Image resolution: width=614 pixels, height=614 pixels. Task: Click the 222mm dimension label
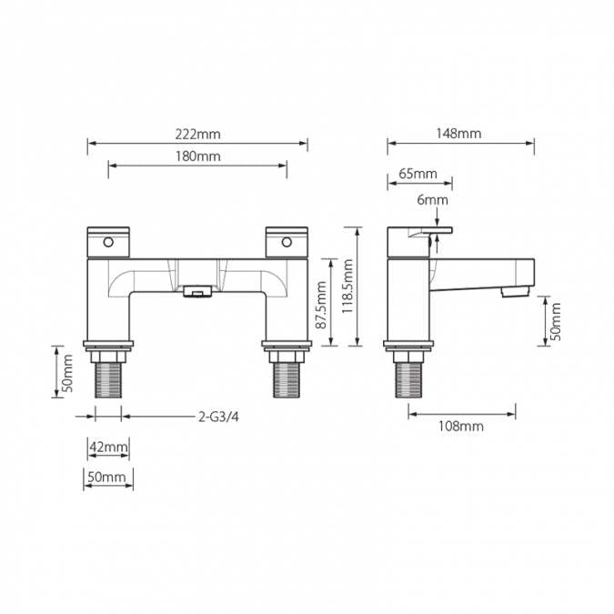coord(197,134)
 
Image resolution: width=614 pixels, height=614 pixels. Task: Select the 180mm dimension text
coord(197,156)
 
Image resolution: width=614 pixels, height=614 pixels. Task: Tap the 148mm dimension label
coord(458,134)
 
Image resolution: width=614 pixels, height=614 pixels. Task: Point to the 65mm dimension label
coord(418,174)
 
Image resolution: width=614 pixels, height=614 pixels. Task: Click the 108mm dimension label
coord(461,426)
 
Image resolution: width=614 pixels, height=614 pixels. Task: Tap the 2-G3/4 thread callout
coord(218,418)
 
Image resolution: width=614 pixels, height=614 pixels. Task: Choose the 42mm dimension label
coord(107,447)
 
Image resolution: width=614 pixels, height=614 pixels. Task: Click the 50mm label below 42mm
coord(107,477)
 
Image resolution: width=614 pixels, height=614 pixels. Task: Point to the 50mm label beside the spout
coord(556,320)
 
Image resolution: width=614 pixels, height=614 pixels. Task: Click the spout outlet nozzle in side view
coord(514,293)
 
